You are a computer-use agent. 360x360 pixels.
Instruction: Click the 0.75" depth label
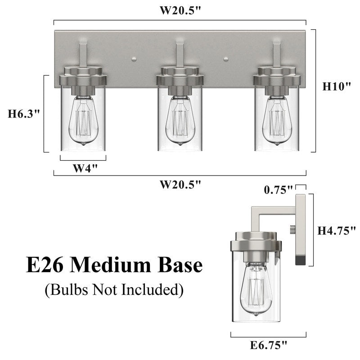click(x=278, y=190)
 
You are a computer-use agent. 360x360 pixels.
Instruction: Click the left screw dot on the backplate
click(x=134, y=58)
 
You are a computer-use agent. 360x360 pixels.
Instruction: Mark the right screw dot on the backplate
click(x=226, y=58)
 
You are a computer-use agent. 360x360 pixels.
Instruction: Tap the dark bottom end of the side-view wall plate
click(x=300, y=260)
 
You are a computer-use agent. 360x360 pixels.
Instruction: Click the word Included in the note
click(x=150, y=290)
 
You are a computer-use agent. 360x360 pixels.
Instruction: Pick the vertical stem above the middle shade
click(x=180, y=55)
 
